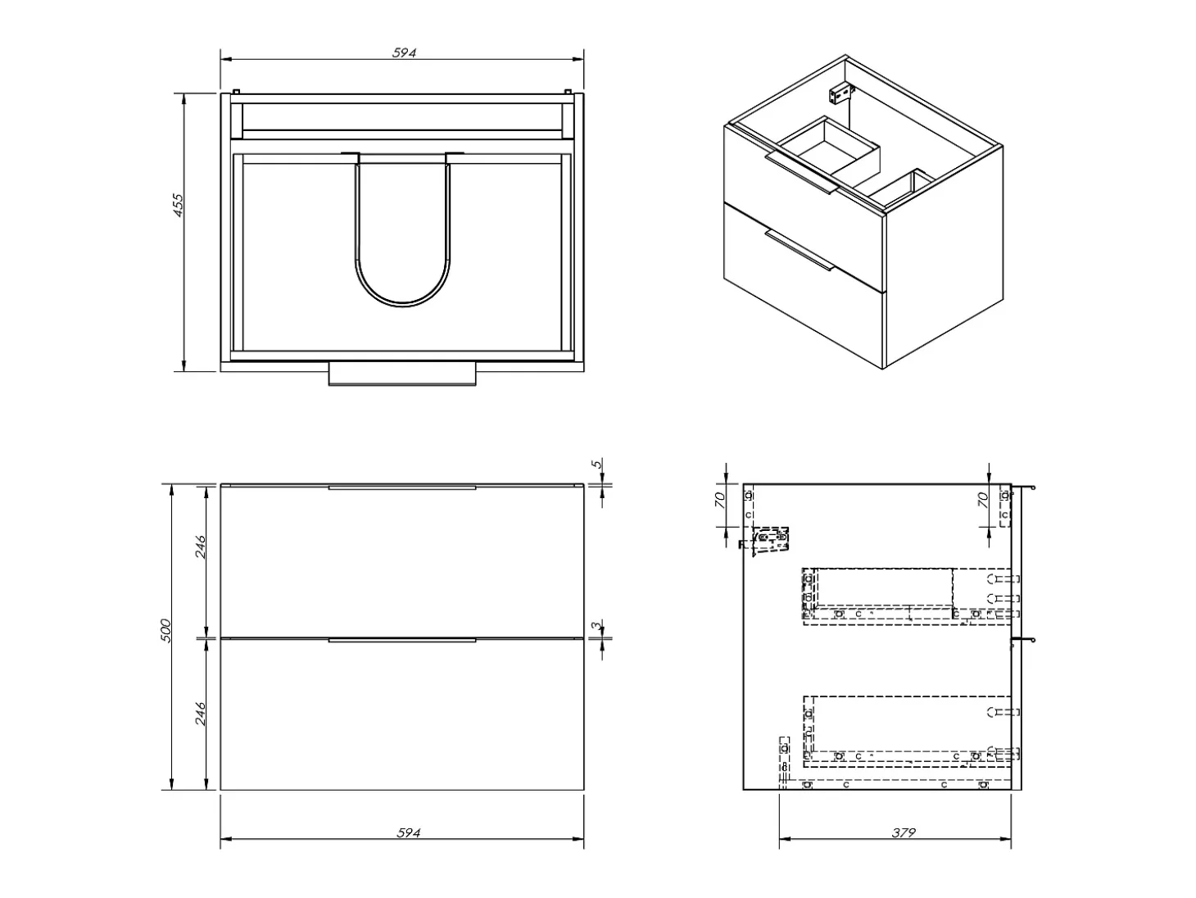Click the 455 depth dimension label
(179, 206)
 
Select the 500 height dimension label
(166, 630)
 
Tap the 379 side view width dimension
(904, 832)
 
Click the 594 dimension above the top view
(405, 53)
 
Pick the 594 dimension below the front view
(408, 832)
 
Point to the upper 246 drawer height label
(201, 547)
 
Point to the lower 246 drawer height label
(201, 714)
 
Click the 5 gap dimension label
(596, 465)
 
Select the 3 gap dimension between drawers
(596, 625)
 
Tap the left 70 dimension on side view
(719, 500)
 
